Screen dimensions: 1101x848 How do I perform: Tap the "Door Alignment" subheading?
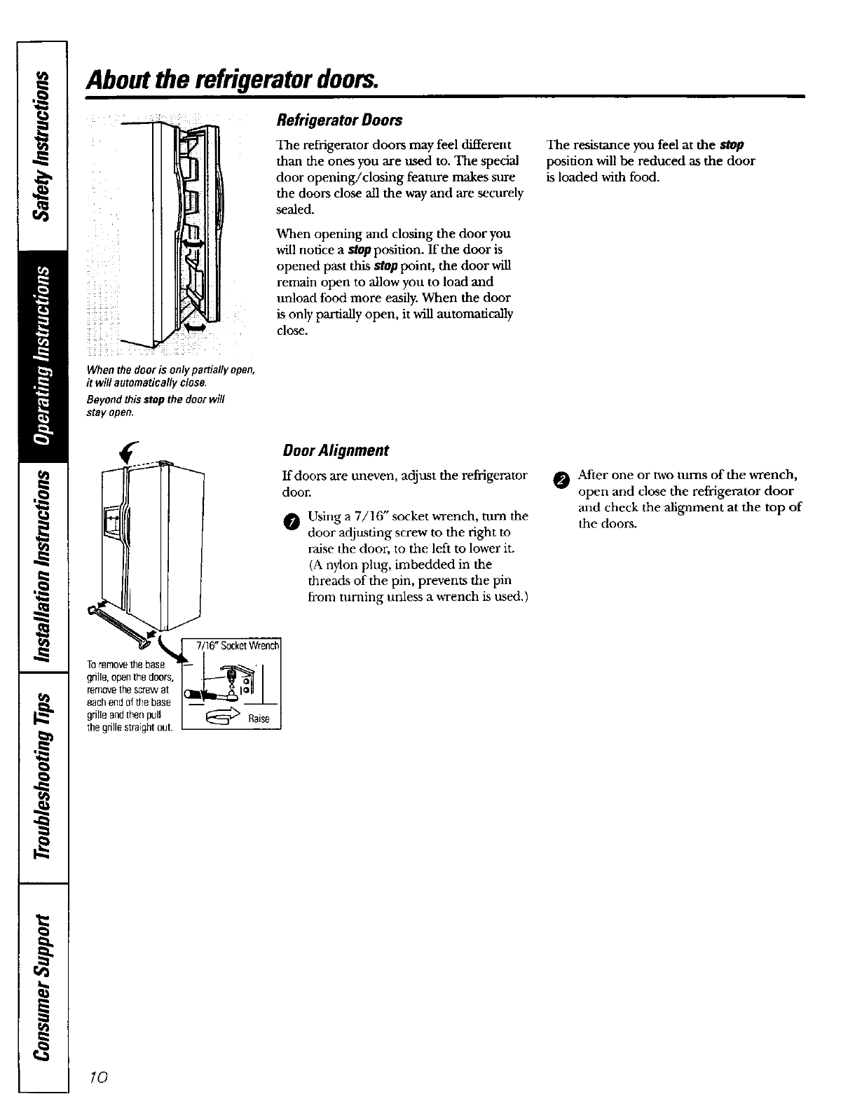[336, 450]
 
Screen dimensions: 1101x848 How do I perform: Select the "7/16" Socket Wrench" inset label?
[238, 645]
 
